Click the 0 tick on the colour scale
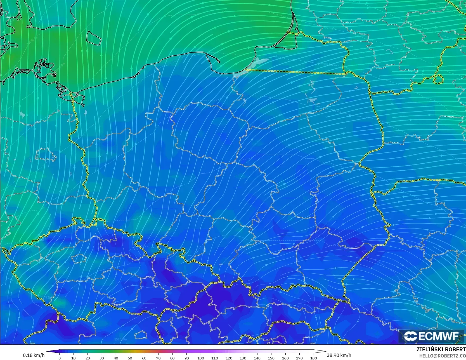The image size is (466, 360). click(60, 358)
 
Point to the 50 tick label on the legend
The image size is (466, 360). click(130, 358)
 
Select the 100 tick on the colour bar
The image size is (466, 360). click(201, 358)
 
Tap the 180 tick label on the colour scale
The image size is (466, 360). click(314, 358)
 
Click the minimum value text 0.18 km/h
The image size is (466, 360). click(34, 355)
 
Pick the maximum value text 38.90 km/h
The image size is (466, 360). click(339, 355)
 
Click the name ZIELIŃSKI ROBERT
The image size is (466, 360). click(441, 349)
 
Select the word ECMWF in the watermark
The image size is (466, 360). click(438, 336)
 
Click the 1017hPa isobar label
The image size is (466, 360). click(337, 111)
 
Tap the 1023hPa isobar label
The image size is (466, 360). click(120, 339)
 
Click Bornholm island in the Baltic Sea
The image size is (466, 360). click(93, 37)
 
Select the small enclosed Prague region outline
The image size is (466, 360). click(79, 258)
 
